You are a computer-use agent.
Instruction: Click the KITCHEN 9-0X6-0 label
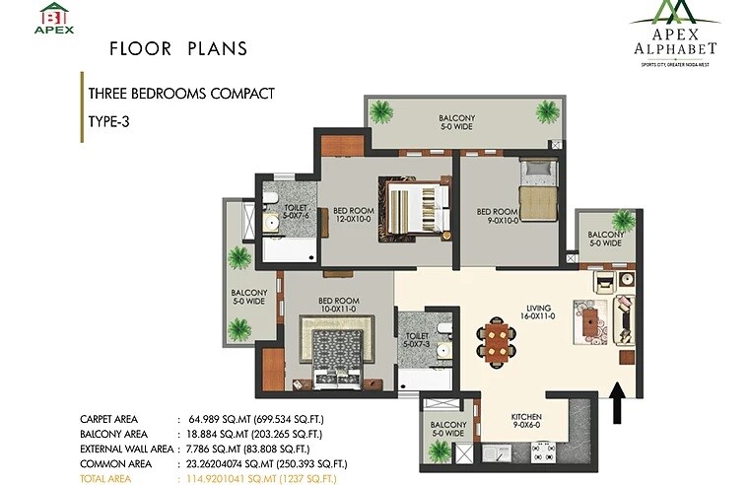coord(527,422)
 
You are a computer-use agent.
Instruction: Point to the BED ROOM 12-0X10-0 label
coord(353,214)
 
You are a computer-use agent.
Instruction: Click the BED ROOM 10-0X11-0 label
coord(337,305)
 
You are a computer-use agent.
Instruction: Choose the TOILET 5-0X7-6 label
coord(296,214)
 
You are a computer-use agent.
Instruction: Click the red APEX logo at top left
coord(55,19)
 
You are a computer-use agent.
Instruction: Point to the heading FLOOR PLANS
coord(177,48)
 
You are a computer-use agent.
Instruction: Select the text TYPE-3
coord(109,122)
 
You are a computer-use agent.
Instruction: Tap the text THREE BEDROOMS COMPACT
coord(180,95)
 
